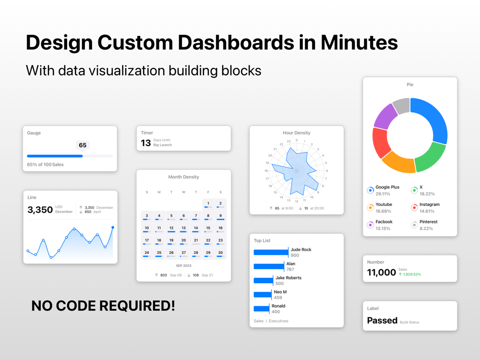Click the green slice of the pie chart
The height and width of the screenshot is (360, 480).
(432, 157)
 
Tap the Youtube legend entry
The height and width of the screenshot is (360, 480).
(380, 207)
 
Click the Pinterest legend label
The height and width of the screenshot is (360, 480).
(428, 222)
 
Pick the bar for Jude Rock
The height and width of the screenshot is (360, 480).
(271, 252)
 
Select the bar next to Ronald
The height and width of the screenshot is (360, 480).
(262, 309)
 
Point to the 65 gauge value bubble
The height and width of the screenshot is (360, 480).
(83, 145)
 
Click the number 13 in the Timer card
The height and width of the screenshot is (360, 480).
(146, 143)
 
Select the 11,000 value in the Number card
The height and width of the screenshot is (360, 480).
(382, 272)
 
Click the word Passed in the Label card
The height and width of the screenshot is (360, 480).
(382, 320)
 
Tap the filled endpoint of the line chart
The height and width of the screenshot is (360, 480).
(113, 228)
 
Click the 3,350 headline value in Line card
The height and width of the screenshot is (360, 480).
(40, 210)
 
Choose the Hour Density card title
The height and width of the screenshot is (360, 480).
(296, 133)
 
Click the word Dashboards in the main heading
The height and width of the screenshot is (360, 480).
(236, 42)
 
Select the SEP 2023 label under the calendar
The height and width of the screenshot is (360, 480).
(184, 266)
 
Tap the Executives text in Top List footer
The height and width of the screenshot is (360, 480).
(278, 321)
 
